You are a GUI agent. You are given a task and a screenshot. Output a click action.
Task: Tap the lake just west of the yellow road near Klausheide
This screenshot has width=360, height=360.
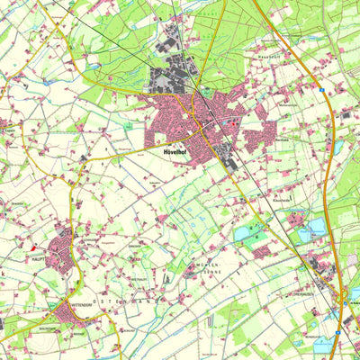243,235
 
